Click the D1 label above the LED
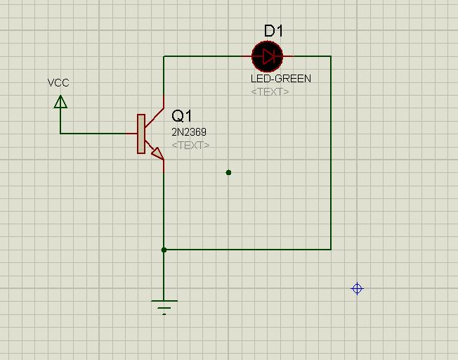click(x=273, y=31)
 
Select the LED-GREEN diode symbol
click(x=267, y=56)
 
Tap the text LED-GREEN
click(x=281, y=78)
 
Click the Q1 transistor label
click(x=182, y=116)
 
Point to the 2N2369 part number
click(x=189, y=132)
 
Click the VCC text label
click(x=58, y=83)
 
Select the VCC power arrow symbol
click(x=60, y=102)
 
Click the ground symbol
click(x=164, y=307)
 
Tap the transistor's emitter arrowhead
click(x=158, y=154)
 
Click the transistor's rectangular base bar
click(x=141, y=134)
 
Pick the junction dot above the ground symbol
click(x=164, y=250)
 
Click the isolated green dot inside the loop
click(x=229, y=173)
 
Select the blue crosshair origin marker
click(x=358, y=289)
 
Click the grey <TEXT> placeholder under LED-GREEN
click(x=270, y=92)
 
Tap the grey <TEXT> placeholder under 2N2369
click(x=190, y=146)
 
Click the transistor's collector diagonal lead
click(x=155, y=117)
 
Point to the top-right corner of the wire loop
click(x=331, y=56)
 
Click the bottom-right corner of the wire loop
click(x=331, y=250)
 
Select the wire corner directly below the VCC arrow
click(x=60, y=134)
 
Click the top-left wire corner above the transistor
click(x=164, y=56)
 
